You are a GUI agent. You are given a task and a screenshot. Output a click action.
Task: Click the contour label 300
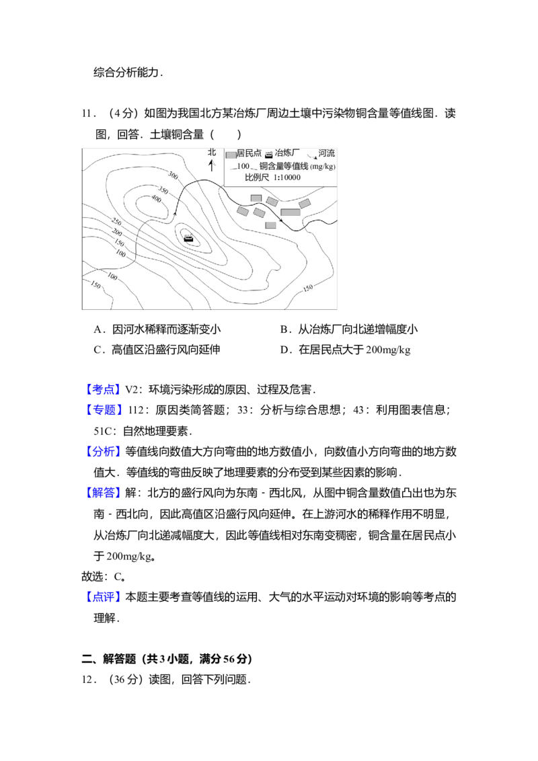click(173, 175)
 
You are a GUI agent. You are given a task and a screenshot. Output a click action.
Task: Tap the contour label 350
click(163, 190)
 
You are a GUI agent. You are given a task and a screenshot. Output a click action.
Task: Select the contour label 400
click(155, 199)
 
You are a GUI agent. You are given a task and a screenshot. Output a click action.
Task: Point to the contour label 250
click(116, 222)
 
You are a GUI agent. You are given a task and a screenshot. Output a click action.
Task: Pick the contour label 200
click(117, 233)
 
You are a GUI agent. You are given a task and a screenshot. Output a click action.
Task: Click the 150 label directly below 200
click(119, 243)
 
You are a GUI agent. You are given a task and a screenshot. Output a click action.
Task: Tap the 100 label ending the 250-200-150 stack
click(121, 253)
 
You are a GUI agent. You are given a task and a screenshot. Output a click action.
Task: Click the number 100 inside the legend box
click(243, 166)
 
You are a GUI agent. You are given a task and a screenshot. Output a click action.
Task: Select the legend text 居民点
click(249, 153)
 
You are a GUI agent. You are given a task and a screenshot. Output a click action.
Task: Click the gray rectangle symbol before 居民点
click(231, 155)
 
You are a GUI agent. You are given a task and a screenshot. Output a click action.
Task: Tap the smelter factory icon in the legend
click(268, 155)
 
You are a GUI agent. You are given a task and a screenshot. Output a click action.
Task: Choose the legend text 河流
click(326, 153)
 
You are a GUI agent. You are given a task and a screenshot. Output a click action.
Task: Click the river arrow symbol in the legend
click(312, 155)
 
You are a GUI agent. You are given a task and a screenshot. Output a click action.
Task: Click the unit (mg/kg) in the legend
click(323, 167)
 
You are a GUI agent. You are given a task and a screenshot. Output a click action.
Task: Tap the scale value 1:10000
click(287, 178)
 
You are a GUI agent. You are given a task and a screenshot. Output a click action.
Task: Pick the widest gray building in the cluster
click(291, 212)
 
